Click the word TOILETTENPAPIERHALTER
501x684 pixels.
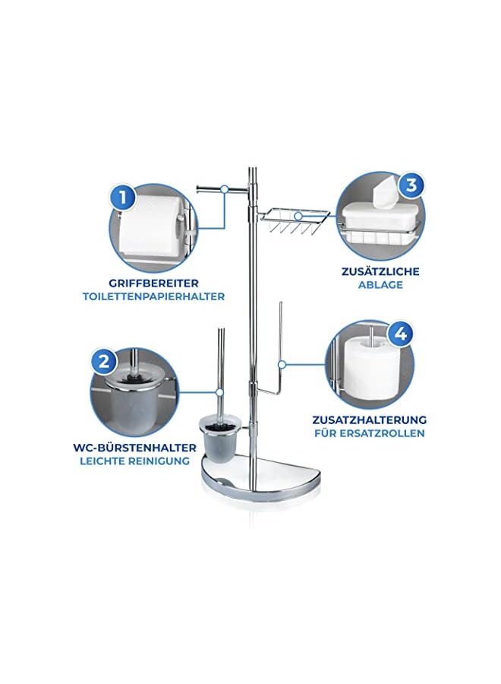(154, 296)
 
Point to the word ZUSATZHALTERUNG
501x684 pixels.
(369, 419)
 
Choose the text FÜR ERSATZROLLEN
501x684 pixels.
(369, 433)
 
